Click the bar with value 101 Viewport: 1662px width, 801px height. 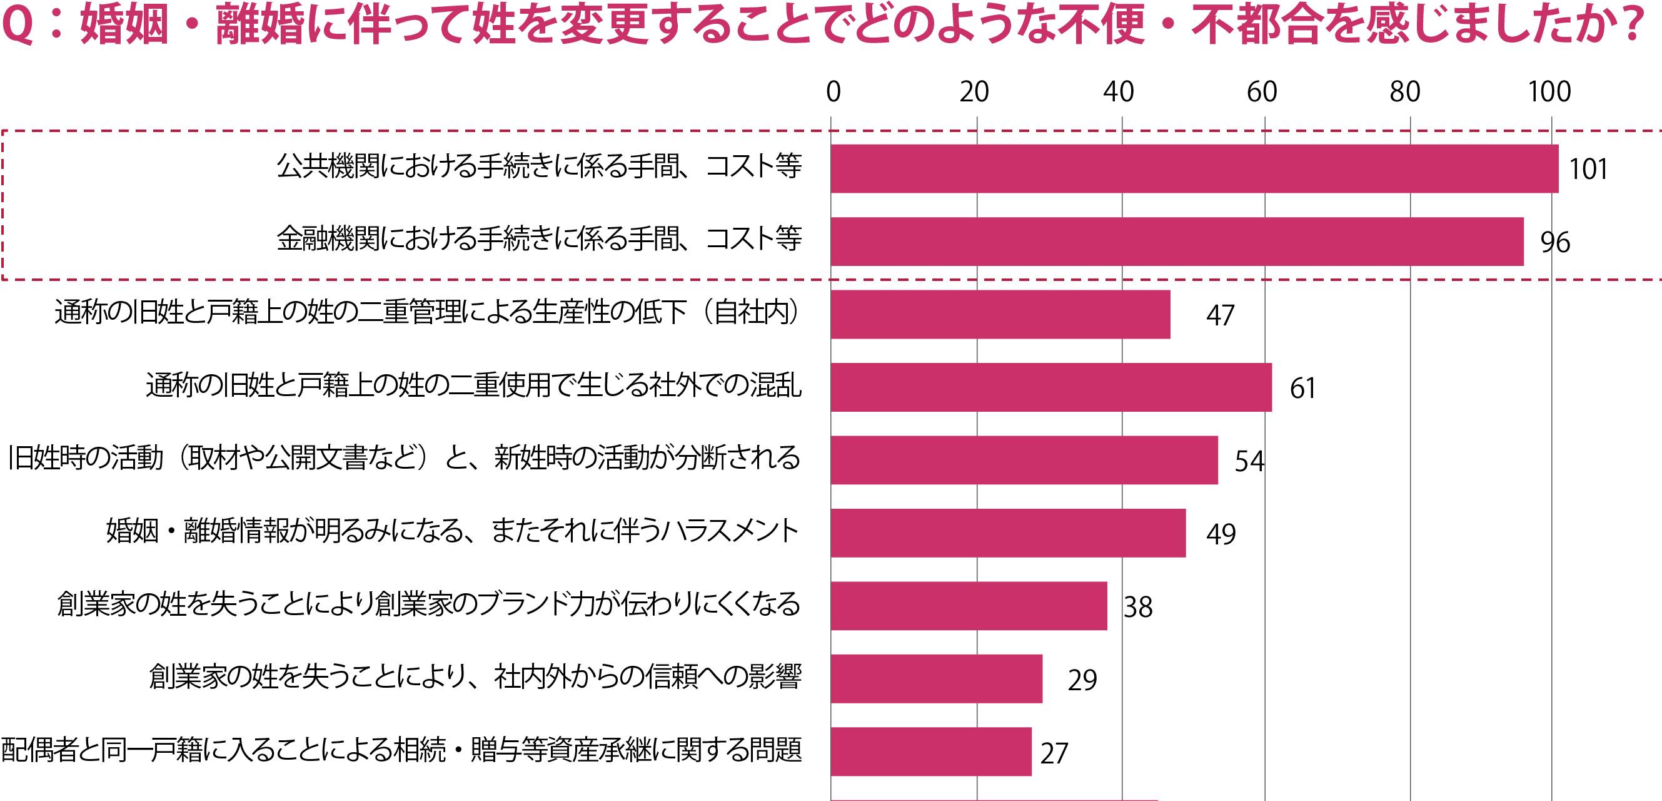[1194, 168]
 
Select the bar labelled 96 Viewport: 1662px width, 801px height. [1177, 242]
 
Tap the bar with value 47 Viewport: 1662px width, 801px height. [1000, 314]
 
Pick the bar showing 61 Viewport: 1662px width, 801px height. [1051, 387]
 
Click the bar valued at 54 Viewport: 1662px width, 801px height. [1024, 460]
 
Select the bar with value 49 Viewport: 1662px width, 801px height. [1008, 533]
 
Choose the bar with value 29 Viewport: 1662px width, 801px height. [936, 679]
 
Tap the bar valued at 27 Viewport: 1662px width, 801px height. [930, 752]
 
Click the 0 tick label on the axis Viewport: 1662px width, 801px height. [833, 92]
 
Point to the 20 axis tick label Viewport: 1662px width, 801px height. [974, 92]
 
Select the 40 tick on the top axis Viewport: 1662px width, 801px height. [1118, 92]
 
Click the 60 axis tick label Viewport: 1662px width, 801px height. [1262, 92]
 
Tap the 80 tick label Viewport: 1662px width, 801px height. [1405, 92]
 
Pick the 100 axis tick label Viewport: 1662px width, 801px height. [1549, 92]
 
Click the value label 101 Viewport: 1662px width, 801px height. [1588, 170]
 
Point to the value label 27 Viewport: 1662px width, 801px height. [1054, 753]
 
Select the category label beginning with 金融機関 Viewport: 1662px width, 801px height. [540, 240]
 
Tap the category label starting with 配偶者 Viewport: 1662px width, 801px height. [401, 750]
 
